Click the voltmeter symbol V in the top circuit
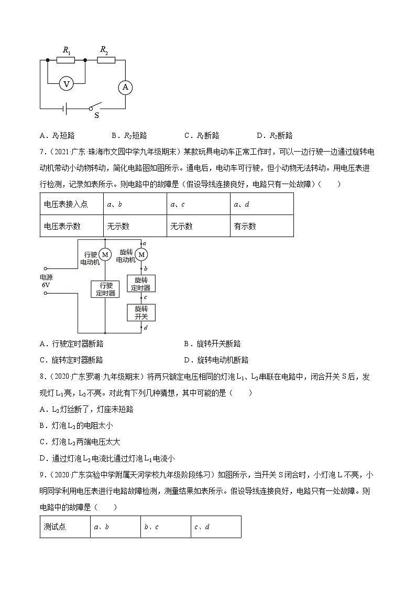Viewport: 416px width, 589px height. click(x=65, y=83)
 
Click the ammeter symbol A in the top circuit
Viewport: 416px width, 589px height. click(x=125, y=87)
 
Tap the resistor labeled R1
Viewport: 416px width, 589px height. click(x=65, y=60)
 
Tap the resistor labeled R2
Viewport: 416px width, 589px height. click(x=106, y=60)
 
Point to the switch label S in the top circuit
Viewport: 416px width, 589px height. click(x=96, y=115)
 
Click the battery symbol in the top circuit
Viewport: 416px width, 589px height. click(x=64, y=109)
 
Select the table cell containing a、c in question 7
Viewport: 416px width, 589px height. click(x=199, y=204)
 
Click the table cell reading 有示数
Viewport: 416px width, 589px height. click(x=261, y=226)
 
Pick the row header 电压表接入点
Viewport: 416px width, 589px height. click(x=71, y=204)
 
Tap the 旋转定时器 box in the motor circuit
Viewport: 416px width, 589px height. click(x=141, y=284)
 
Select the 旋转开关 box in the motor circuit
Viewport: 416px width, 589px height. click(x=141, y=313)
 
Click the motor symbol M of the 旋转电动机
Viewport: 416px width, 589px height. click(x=141, y=254)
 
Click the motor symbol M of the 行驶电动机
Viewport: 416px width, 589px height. click(x=105, y=254)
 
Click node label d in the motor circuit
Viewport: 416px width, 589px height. click(x=145, y=328)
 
